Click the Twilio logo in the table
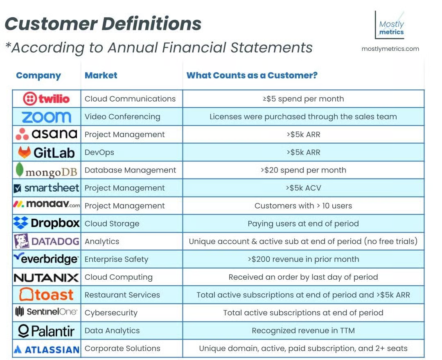click(46, 99)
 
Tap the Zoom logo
click(46, 117)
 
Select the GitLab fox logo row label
click(46, 152)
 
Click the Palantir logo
click(46, 331)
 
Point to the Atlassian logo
click(46, 349)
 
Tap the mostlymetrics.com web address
click(390, 49)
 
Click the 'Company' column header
click(38, 75)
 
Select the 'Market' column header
click(101, 75)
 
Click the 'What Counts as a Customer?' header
click(252, 75)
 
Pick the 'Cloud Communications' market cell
click(130, 99)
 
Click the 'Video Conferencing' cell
click(122, 117)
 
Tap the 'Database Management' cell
click(130, 170)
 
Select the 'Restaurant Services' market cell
click(122, 295)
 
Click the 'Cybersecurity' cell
click(111, 313)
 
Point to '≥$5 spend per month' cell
click(303, 99)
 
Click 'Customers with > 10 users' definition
click(303, 206)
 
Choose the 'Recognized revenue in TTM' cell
click(303, 331)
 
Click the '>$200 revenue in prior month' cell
click(303, 259)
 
